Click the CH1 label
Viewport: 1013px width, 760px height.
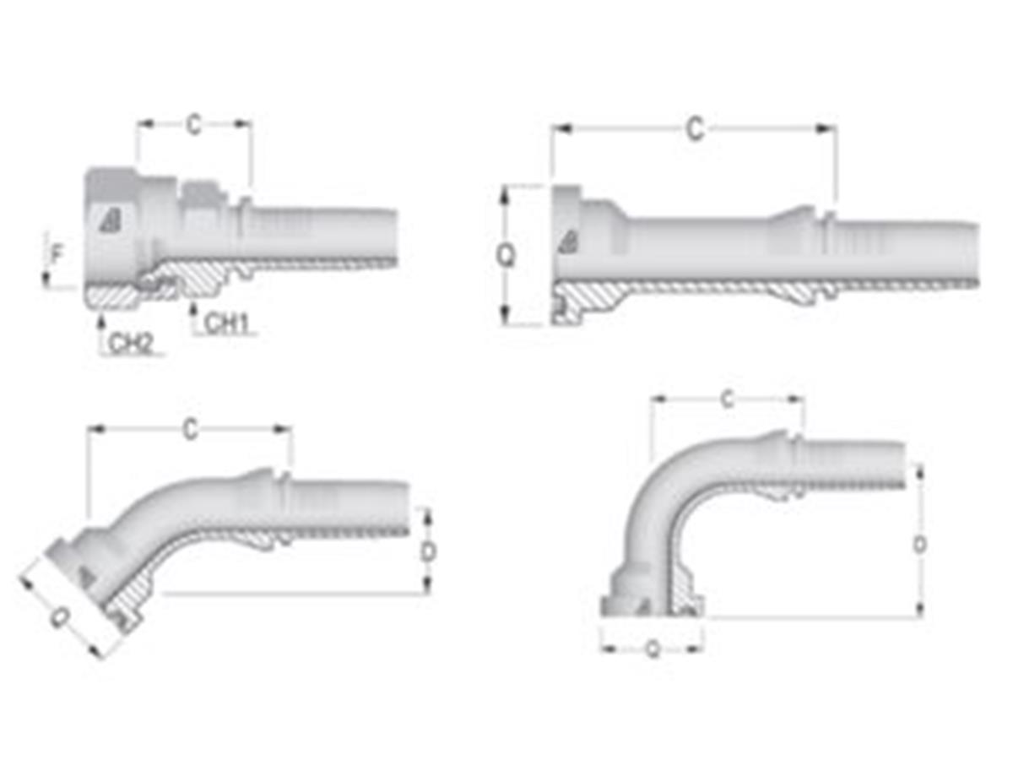(x=225, y=323)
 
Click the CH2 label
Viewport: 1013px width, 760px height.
(x=130, y=342)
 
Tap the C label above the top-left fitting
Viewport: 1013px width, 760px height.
(x=194, y=125)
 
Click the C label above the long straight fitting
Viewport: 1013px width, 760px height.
(x=694, y=129)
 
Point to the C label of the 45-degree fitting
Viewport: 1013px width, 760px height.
(x=191, y=429)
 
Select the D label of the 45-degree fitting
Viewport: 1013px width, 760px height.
(x=428, y=551)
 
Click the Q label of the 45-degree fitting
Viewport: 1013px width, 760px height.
(x=59, y=619)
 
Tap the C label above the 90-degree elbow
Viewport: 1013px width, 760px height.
(x=727, y=400)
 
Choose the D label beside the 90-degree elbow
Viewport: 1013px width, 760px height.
(x=920, y=545)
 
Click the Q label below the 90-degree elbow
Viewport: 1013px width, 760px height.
(x=652, y=649)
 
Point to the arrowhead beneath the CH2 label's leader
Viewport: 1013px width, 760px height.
(x=100, y=319)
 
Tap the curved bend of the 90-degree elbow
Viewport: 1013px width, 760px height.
(x=667, y=490)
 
